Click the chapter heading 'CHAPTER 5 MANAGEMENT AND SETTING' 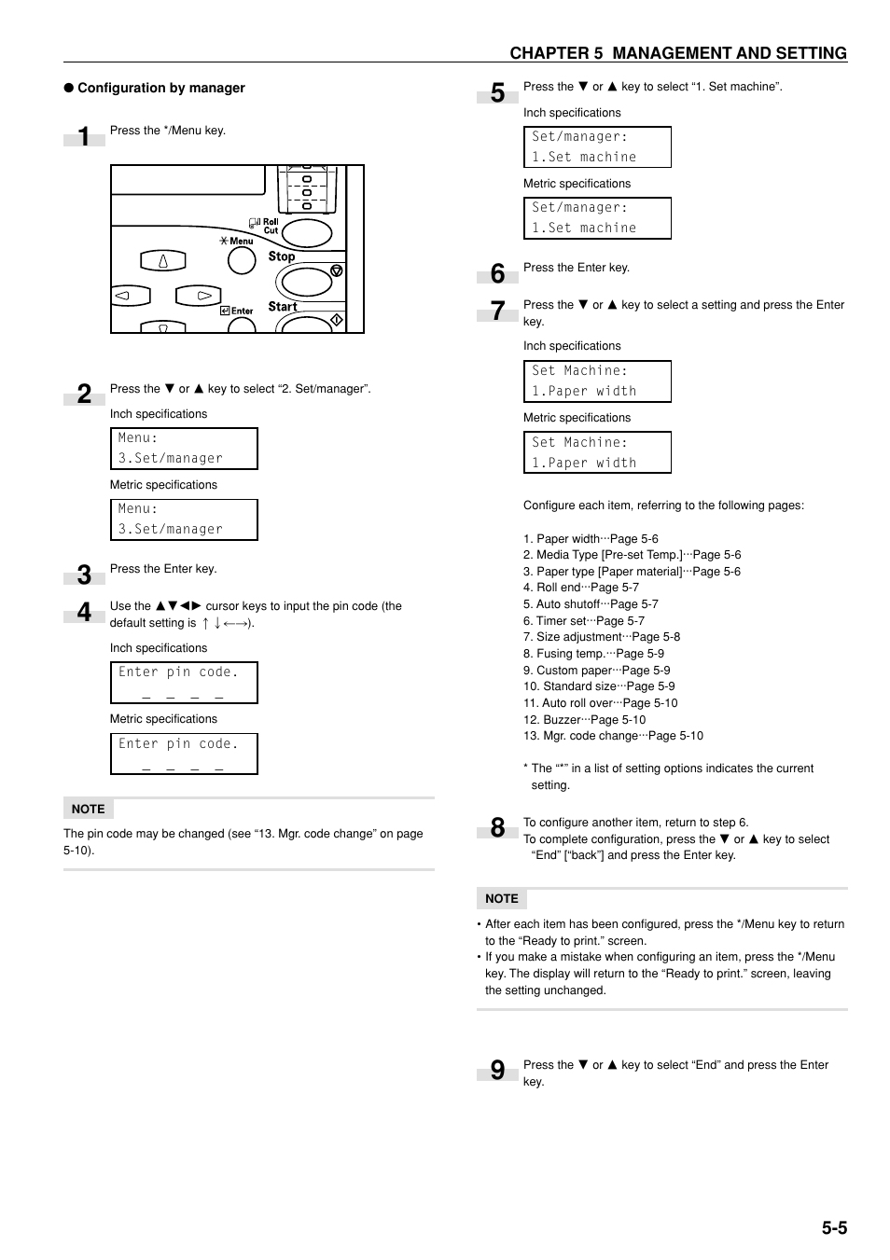point(677,53)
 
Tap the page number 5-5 point(834,1227)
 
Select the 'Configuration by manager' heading point(160,88)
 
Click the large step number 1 point(84,137)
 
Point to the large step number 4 point(84,612)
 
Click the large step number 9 point(497,1070)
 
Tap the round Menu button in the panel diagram point(242,260)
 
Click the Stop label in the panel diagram point(282,256)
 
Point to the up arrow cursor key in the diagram point(163,261)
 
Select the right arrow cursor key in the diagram point(199,297)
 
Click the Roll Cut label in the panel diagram point(269,226)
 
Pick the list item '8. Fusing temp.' point(593,654)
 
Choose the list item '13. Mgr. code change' point(613,736)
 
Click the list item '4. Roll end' point(580,588)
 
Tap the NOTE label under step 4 point(88,809)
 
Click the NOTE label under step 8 point(501,898)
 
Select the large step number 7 point(497,311)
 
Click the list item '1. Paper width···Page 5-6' point(591,539)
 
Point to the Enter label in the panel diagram point(242,312)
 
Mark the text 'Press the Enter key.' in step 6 point(576,268)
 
